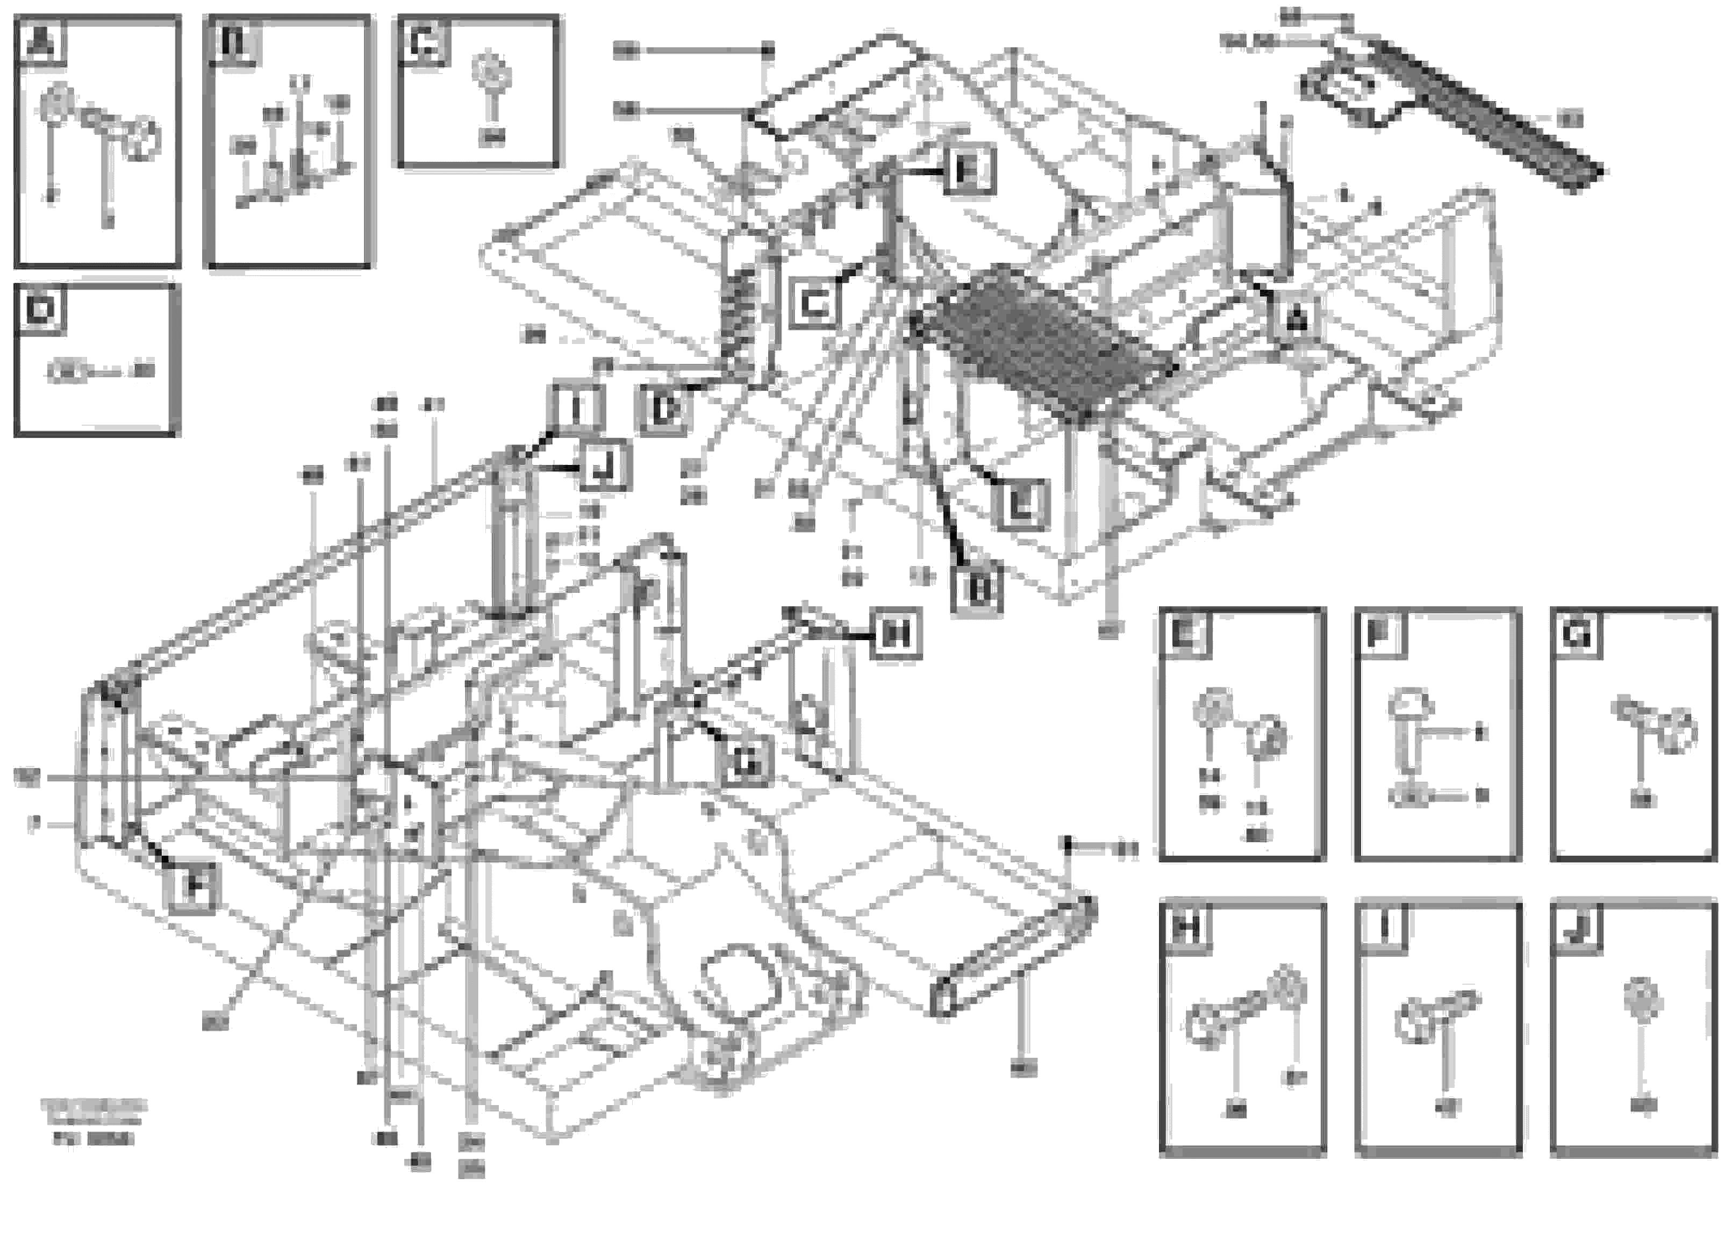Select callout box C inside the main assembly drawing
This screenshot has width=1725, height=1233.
[x=814, y=304]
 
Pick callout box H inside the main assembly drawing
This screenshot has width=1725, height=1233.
[x=897, y=633]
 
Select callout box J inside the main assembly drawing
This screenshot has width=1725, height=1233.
[x=604, y=465]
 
